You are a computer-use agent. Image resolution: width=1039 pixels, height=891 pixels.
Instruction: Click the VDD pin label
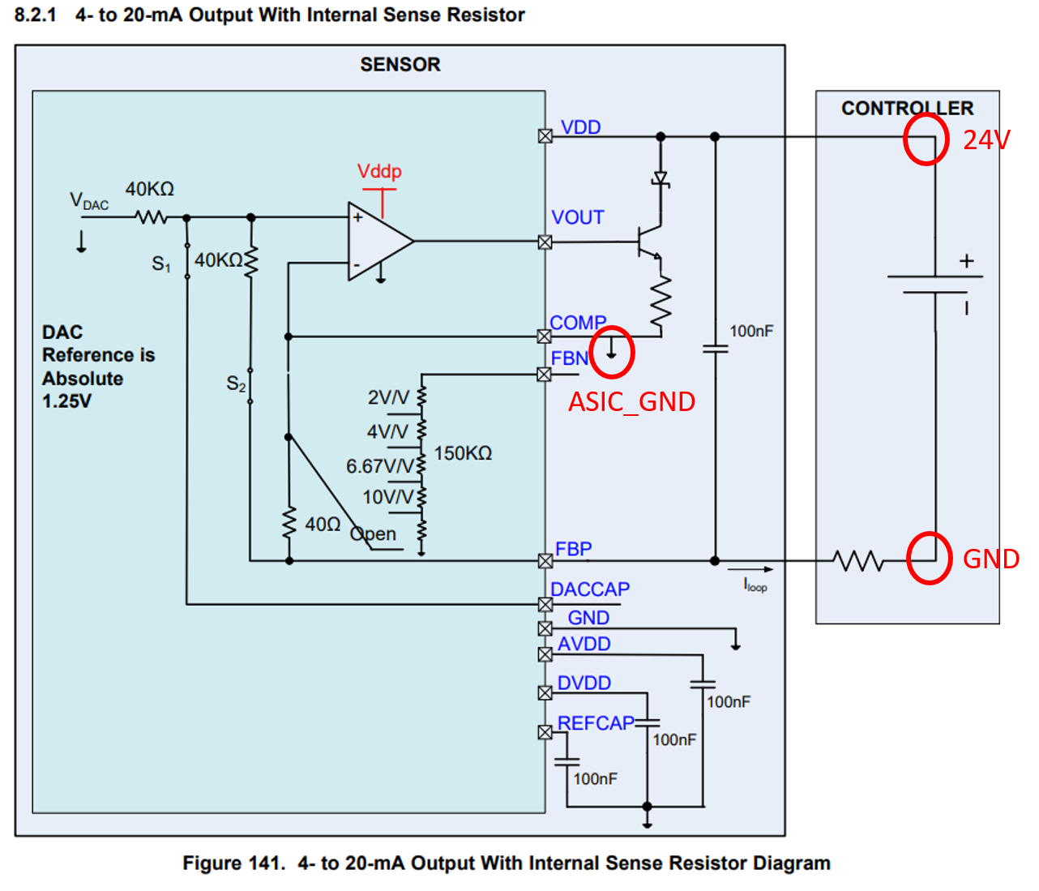(580, 127)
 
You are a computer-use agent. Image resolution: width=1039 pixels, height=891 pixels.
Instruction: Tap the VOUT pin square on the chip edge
(545, 242)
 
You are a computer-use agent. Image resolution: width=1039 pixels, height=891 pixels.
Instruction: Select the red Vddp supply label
(379, 171)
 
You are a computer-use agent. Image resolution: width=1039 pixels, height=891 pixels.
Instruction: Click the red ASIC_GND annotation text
(632, 402)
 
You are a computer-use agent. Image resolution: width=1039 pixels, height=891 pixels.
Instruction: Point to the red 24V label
(986, 139)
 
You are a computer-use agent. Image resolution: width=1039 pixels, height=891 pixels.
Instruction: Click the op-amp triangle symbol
(381, 242)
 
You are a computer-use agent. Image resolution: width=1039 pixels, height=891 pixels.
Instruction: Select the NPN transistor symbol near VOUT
(649, 242)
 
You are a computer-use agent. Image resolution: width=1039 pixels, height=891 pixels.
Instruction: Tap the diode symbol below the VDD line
(661, 179)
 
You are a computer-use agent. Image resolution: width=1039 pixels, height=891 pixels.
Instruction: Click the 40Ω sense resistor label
(323, 525)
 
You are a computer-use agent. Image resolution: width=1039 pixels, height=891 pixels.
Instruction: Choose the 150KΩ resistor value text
(463, 453)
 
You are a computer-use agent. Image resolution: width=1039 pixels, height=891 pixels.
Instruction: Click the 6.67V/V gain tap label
(379, 466)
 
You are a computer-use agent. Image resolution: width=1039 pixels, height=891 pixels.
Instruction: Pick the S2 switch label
(236, 383)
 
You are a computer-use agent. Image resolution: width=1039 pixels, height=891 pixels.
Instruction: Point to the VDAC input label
(89, 201)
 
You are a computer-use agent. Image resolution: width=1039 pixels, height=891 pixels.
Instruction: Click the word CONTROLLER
(908, 108)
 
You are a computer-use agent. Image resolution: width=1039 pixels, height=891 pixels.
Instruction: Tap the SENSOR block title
(400, 64)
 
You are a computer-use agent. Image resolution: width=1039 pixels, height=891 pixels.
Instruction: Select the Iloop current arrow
(750, 569)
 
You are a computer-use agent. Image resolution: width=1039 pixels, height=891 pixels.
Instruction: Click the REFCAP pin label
(596, 723)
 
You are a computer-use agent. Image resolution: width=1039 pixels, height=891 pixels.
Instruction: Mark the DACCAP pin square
(545, 604)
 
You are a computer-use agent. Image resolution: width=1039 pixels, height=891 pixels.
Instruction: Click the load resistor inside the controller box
(858, 561)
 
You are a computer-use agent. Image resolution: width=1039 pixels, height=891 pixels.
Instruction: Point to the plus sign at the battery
(966, 261)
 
